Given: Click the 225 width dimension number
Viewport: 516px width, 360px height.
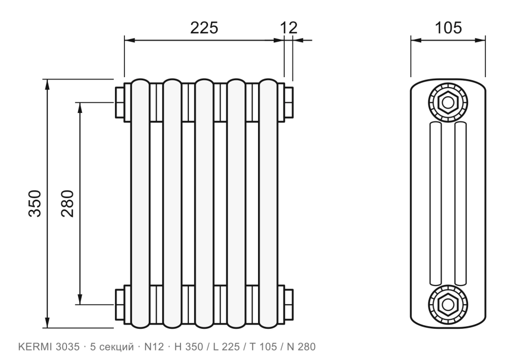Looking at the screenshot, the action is point(204,28).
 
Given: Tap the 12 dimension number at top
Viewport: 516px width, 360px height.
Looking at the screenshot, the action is point(289,28).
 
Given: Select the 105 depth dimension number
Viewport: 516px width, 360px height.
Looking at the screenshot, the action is point(448,28).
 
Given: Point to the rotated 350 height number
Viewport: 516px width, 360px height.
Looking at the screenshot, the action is point(35,203).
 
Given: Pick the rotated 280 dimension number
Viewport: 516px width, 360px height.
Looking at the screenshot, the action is point(68,203).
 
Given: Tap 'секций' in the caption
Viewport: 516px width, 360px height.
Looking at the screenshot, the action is point(116,347).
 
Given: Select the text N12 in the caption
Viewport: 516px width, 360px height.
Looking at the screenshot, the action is point(154,347).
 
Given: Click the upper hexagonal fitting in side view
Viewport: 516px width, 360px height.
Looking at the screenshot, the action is point(447,102).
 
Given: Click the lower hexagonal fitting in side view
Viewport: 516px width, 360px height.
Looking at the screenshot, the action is point(447,305).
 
